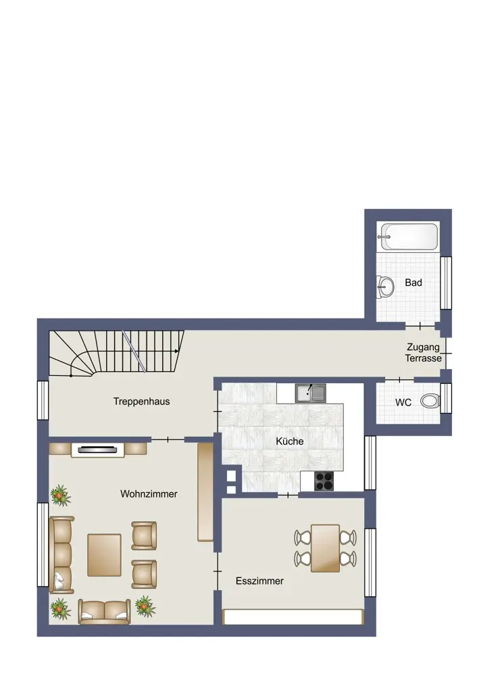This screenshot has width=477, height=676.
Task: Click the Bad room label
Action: coord(413,283)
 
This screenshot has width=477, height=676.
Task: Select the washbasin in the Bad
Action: coord(385,286)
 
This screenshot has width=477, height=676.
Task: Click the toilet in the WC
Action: coord(430,402)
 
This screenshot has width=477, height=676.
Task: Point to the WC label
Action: coord(403,403)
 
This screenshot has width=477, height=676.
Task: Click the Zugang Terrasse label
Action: coord(423,353)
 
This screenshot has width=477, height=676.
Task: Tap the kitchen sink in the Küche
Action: coord(310,393)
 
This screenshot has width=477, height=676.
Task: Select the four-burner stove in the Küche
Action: coord(324,481)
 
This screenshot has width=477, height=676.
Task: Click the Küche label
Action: coord(290,441)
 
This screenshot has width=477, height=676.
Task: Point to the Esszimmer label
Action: coord(259,581)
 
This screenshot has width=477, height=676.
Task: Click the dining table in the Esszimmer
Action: coord(326,548)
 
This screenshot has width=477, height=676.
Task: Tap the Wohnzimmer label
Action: coord(149,494)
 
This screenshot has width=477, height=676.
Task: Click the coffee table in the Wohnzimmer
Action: coord(104,555)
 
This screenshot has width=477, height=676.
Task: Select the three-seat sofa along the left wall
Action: coord(61,555)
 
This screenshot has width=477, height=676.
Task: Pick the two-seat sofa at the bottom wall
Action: coord(104,612)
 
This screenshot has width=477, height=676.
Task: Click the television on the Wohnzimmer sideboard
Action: coord(97,450)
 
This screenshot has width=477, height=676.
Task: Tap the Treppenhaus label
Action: coord(141,402)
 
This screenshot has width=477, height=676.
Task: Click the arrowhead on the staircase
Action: coord(176,351)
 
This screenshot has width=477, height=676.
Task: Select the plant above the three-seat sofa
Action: coord(60,495)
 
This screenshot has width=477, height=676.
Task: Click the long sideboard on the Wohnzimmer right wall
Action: coord(205,492)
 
